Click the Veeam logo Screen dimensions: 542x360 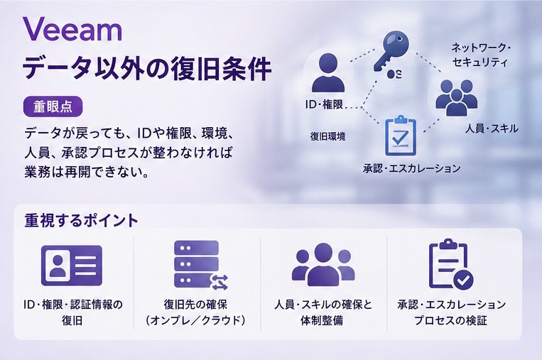click(x=72, y=29)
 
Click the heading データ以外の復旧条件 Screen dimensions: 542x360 click(x=146, y=69)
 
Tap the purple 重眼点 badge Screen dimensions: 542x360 click(x=53, y=107)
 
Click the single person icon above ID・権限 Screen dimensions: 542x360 click(x=328, y=72)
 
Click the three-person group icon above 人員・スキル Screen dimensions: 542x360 click(x=456, y=97)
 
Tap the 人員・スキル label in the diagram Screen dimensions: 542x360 click(x=492, y=129)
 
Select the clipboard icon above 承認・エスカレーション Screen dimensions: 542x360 click(x=400, y=136)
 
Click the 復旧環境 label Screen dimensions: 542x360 click(x=327, y=136)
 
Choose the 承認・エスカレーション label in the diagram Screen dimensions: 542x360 click(x=412, y=168)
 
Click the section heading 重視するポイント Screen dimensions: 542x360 click(x=81, y=220)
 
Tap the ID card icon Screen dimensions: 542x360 click(x=72, y=266)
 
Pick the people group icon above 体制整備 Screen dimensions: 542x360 click(x=323, y=264)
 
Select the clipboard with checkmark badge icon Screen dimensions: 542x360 click(x=451, y=263)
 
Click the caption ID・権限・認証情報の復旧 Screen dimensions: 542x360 click(x=72, y=312)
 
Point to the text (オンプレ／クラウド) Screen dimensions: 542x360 click(x=195, y=321)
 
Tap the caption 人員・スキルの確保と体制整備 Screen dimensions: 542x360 click(x=323, y=312)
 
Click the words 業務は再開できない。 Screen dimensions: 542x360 click(x=87, y=172)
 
